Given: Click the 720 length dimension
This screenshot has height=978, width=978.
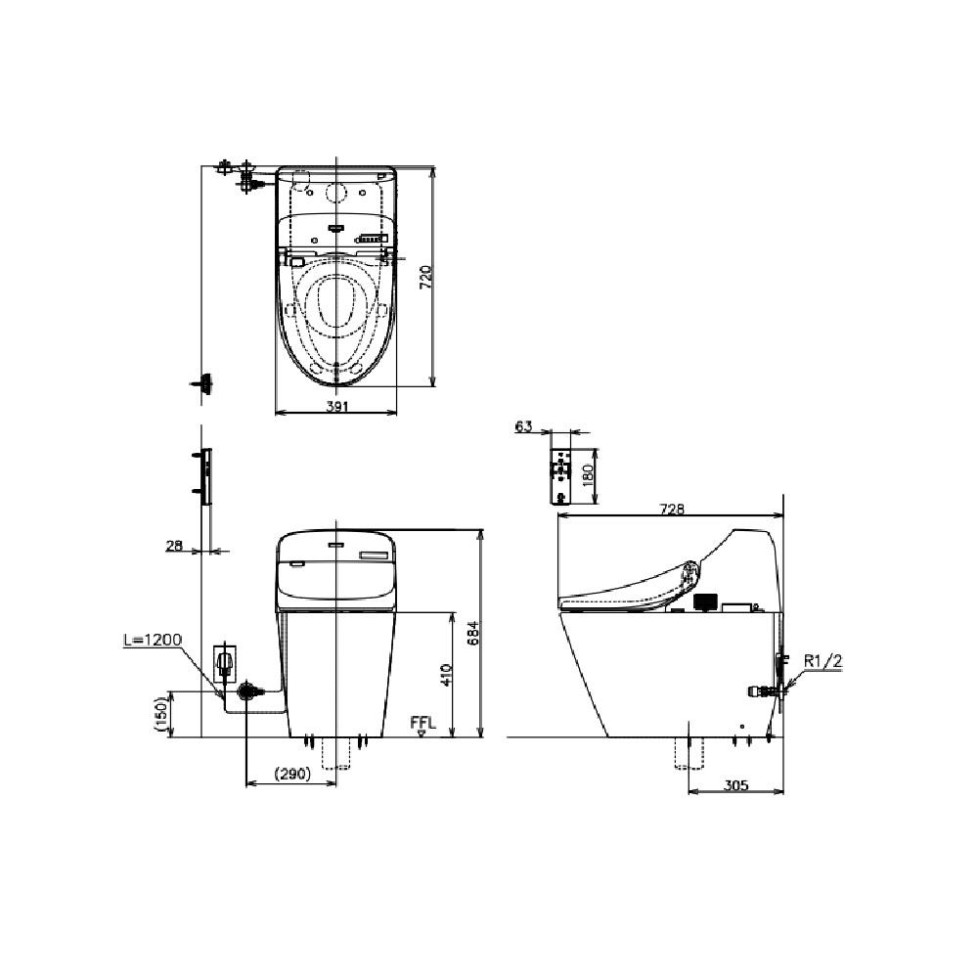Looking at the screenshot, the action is point(424,277).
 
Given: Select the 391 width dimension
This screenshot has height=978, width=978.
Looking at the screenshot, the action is point(336,406).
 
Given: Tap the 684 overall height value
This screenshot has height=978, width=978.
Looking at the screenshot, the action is point(474,633).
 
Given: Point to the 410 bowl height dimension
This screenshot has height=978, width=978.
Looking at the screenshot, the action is point(447,675).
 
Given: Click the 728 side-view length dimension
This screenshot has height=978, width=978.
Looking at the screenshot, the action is point(672,509).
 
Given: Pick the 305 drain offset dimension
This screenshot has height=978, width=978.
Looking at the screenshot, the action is point(736,785).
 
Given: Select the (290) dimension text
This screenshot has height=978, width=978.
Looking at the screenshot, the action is point(291,774).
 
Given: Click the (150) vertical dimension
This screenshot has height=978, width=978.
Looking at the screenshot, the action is point(162,715).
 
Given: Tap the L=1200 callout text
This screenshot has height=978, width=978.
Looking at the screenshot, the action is point(153,640).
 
